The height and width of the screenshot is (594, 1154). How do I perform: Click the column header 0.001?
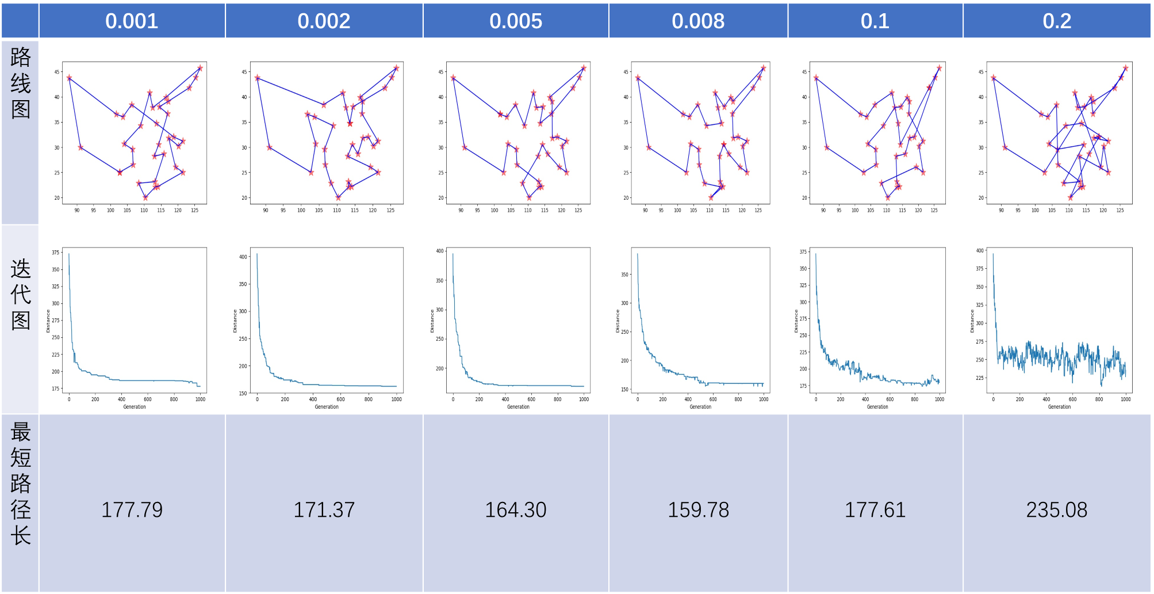point(132,21)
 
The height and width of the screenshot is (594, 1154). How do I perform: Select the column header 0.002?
point(324,21)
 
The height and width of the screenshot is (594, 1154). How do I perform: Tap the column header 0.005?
point(516,21)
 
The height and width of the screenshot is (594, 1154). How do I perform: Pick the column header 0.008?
point(698,21)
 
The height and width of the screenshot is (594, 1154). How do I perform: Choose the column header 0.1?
point(875,21)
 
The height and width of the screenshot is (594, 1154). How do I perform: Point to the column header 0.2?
point(1057,21)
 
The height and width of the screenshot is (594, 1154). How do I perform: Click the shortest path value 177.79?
point(132,510)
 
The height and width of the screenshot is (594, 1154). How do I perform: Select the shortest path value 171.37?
point(324,510)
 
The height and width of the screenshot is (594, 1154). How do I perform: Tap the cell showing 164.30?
point(516,510)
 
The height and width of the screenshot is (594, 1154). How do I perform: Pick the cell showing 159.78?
point(698,510)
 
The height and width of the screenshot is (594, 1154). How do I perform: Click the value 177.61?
point(875,510)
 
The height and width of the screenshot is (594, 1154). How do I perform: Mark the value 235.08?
point(1057,510)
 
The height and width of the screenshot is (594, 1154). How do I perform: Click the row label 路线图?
point(20,83)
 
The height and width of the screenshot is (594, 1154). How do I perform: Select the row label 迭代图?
point(20,294)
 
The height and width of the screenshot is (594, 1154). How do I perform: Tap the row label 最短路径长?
point(20,483)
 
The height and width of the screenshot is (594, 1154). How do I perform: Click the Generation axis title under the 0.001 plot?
point(135,407)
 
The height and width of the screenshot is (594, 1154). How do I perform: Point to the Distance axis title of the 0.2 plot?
point(972,321)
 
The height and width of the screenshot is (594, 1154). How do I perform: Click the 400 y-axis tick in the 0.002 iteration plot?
point(243,257)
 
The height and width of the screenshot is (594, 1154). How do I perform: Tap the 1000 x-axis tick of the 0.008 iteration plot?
point(764,399)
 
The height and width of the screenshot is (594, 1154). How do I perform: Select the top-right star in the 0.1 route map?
point(940,68)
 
